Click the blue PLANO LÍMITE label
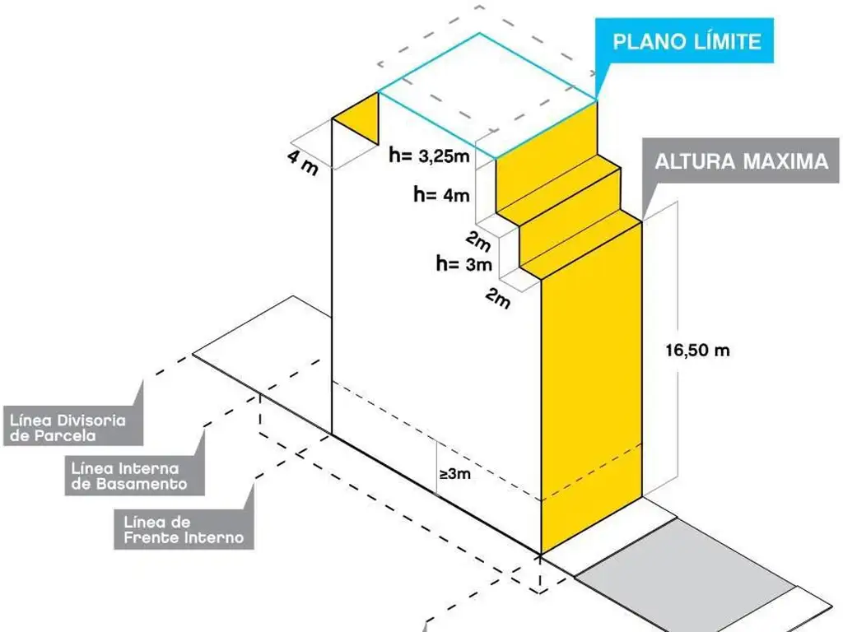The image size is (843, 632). (686, 41)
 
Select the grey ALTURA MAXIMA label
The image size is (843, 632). (741, 161)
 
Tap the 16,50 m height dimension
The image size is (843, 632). (697, 350)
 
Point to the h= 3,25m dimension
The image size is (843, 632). (429, 154)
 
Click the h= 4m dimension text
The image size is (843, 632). (441, 195)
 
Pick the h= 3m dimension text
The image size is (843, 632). (463, 264)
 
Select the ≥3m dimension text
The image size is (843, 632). (454, 474)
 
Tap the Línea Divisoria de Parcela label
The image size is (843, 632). (69, 428)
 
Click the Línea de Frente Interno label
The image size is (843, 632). (184, 529)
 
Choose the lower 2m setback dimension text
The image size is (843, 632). (497, 298)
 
